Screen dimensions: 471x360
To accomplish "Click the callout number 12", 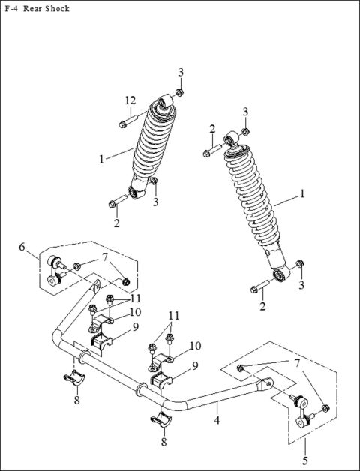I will point(130,100).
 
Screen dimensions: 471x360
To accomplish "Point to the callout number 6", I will point(22,247).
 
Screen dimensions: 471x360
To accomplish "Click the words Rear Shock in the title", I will point(46,9).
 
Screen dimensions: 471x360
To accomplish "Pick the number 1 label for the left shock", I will point(101,158).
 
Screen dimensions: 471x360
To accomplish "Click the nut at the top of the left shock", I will point(178,92).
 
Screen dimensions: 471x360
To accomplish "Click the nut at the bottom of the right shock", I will point(300,263).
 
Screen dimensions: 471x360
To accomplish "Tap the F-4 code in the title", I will point(12,9).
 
